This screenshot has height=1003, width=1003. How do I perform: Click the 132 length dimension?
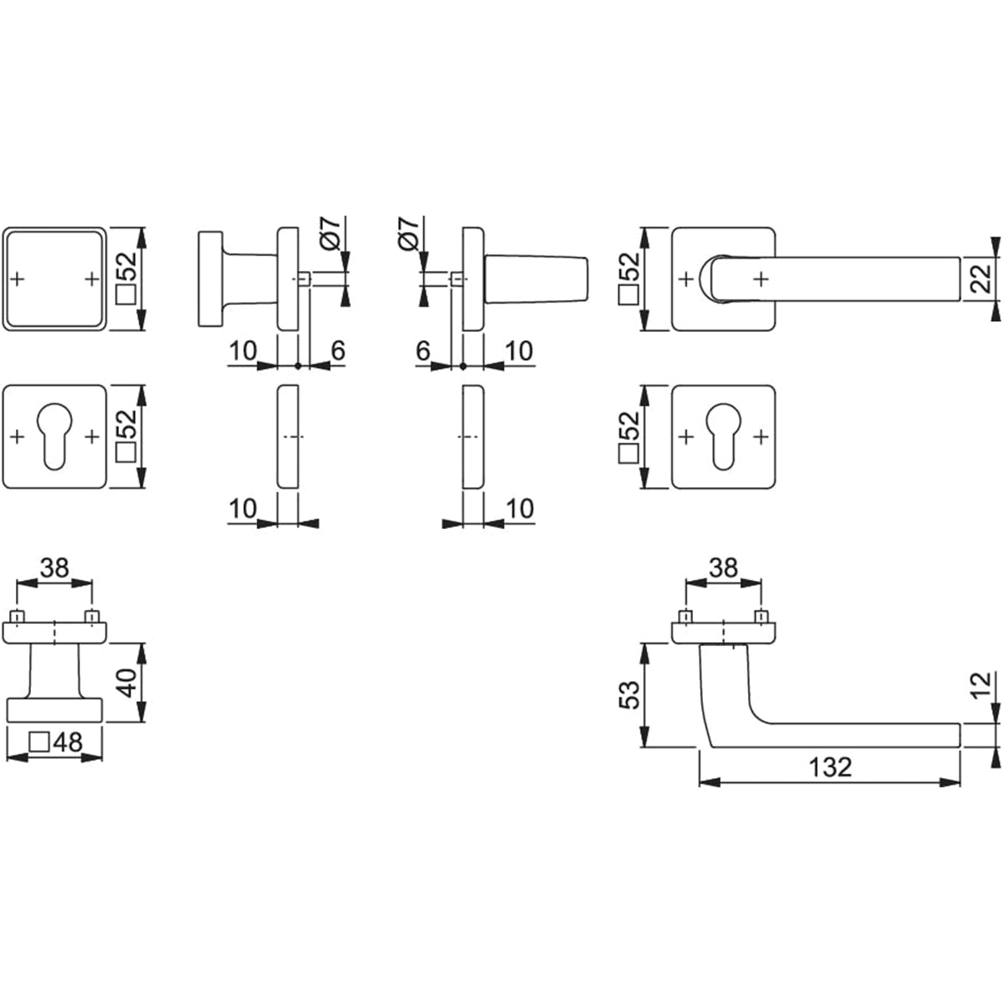coord(830,766)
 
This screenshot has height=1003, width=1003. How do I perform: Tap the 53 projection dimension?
coord(629,695)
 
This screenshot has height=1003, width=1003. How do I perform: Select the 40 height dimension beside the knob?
coord(127,683)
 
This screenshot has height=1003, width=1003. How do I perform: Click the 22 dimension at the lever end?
coord(981,279)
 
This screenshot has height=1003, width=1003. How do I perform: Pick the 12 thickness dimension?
coord(981,686)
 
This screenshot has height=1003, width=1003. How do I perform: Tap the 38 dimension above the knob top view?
coord(54,568)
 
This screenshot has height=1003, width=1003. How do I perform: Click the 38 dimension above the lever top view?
coord(724,568)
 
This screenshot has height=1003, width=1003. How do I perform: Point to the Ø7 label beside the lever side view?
coord(408,234)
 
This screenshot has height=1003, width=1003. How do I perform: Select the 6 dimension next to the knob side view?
coord(339,351)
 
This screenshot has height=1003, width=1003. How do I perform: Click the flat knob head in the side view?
coord(211,279)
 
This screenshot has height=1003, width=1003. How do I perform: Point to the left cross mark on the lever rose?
coord(686,279)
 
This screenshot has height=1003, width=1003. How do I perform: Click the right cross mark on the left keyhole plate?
coord(92,436)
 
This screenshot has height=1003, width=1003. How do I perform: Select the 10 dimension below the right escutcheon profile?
coord(519,508)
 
